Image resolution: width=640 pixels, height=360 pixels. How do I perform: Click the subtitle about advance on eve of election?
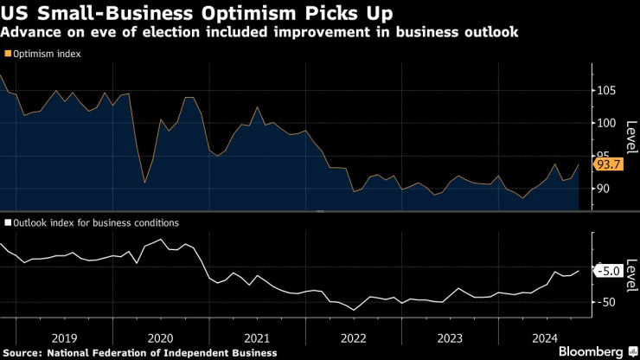point(260,34)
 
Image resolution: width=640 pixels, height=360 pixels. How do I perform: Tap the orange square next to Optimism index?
point(8,54)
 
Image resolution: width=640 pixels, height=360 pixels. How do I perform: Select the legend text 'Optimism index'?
point(48,54)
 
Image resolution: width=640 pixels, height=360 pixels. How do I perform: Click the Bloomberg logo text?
point(592,351)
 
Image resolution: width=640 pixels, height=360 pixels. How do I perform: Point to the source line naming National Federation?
point(140,353)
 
